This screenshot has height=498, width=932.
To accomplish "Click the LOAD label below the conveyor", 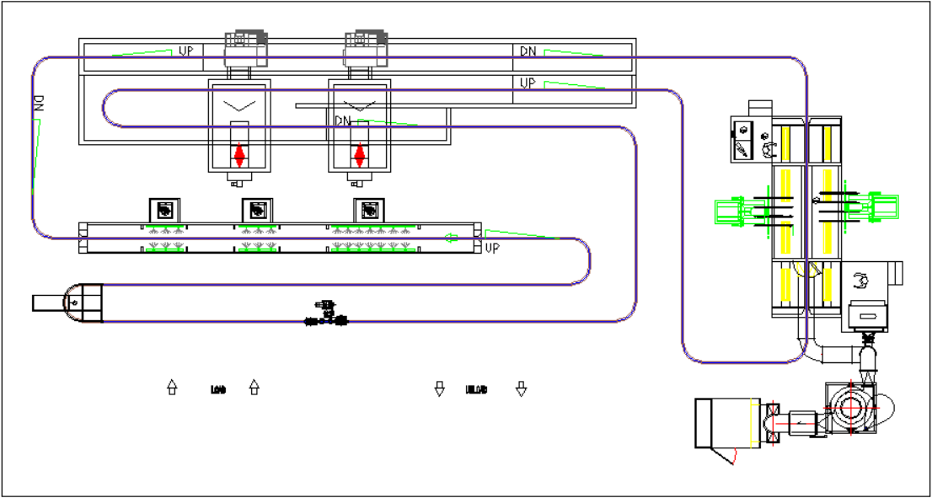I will pyautogui.click(x=217, y=389).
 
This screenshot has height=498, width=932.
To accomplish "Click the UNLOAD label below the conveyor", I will pyautogui.click(x=477, y=389).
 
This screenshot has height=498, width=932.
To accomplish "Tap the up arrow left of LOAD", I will pyautogui.click(x=172, y=388).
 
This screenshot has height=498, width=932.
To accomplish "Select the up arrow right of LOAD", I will pyautogui.click(x=254, y=388).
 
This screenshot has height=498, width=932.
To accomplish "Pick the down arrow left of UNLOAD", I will pyautogui.click(x=439, y=388).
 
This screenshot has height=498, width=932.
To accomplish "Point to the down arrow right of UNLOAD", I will pyautogui.click(x=522, y=388).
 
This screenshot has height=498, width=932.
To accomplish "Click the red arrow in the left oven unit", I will pyautogui.click(x=239, y=156).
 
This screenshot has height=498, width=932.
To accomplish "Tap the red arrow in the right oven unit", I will pyautogui.click(x=361, y=156).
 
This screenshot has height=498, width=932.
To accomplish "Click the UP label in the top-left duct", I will pyautogui.click(x=186, y=51).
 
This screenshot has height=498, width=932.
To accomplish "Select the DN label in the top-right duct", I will pyautogui.click(x=528, y=51).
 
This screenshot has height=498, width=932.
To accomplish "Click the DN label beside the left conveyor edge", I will pyautogui.click(x=38, y=104).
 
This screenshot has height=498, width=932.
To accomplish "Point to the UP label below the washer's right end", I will pyautogui.click(x=493, y=249).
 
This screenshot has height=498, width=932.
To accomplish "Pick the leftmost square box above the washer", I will pyautogui.click(x=164, y=209).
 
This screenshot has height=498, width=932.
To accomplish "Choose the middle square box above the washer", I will pyautogui.click(x=257, y=209).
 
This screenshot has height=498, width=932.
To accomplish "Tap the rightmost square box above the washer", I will pyautogui.click(x=368, y=209).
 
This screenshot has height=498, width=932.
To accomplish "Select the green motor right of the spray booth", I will pyautogui.click(x=882, y=206).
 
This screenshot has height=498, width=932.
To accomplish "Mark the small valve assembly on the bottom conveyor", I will pyautogui.click(x=327, y=313).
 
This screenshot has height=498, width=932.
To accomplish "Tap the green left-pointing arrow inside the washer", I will pyautogui.click(x=452, y=238).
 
